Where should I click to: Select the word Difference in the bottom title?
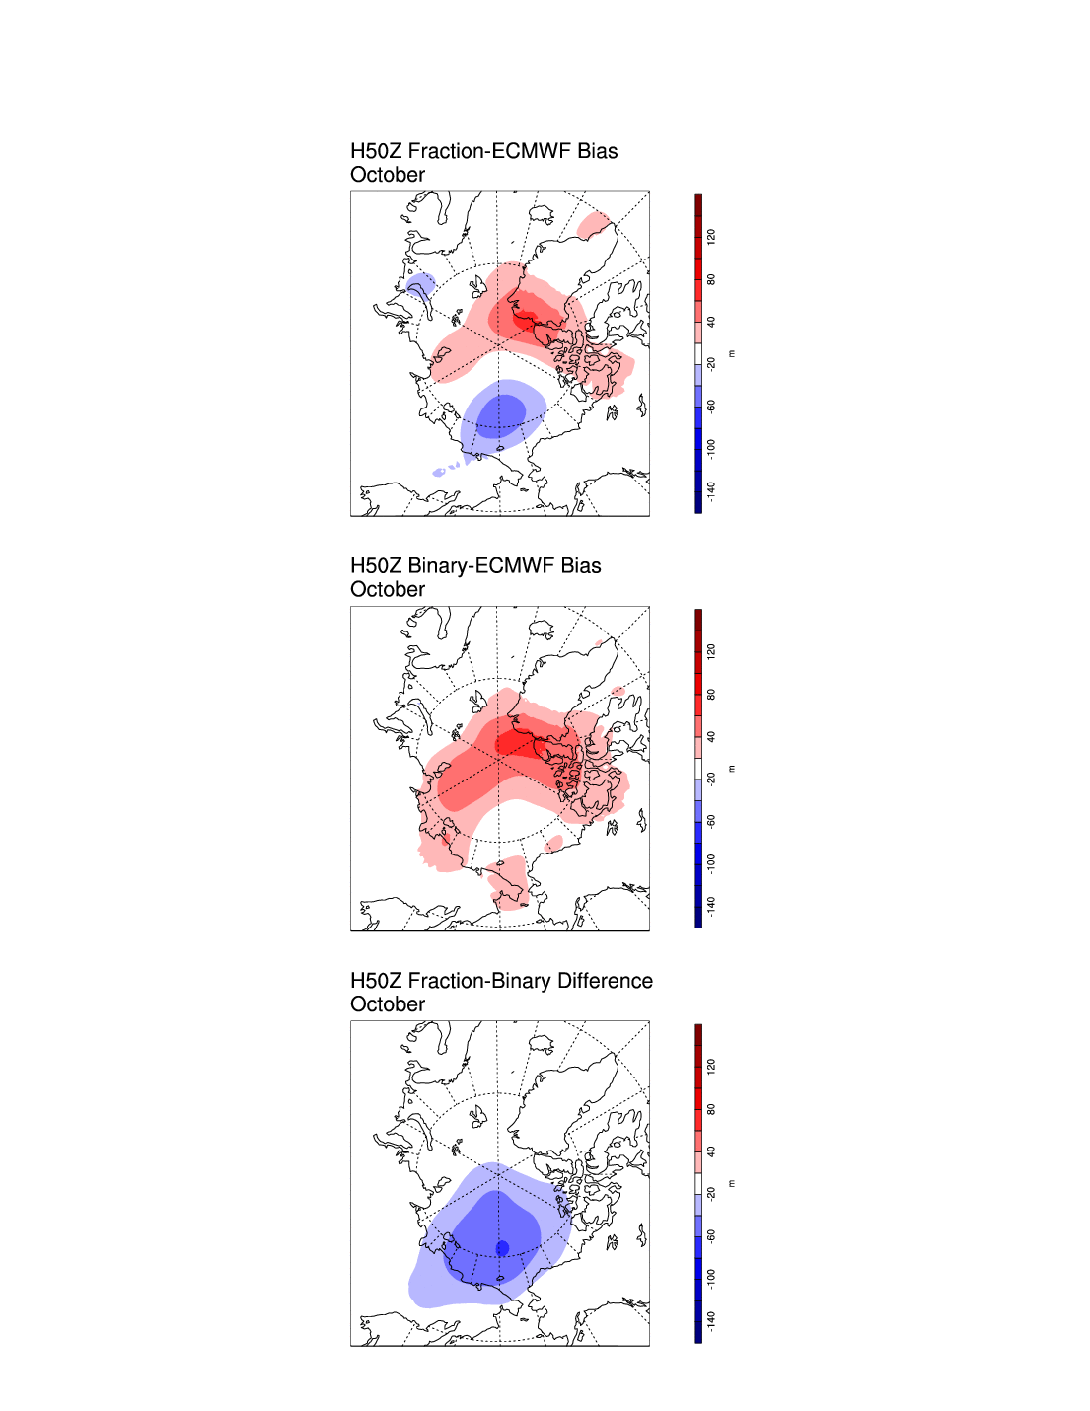pos(605,981)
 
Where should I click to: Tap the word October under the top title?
pos(388,175)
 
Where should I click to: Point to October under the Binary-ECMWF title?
pos(388,590)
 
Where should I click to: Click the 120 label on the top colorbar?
pos(711,237)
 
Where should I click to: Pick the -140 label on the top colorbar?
pos(711,490)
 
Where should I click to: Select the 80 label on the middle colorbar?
pos(711,695)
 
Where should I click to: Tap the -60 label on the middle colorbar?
pos(711,821)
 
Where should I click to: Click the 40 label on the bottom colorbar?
pos(711,1151)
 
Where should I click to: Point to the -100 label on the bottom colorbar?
pos(711,1278)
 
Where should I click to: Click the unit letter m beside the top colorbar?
pos(731,353)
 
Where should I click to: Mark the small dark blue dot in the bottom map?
pos(502,1248)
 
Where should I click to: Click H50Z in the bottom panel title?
pos(376,981)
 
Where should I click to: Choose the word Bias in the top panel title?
pos(598,151)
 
